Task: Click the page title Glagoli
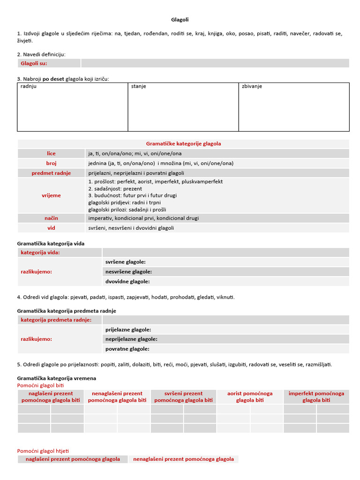click(x=180, y=20)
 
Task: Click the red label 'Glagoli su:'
click(x=34, y=63)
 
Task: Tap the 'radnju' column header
click(x=29, y=87)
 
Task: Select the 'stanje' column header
click(x=138, y=87)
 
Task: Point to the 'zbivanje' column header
click(x=252, y=87)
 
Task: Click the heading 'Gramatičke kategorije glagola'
click(x=183, y=144)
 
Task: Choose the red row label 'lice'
click(x=51, y=154)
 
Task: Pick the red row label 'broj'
click(x=51, y=163)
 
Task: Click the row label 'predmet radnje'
click(x=51, y=173)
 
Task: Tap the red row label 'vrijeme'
click(x=51, y=195)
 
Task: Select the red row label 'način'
click(x=51, y=218)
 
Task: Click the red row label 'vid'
click(x=51, y=228)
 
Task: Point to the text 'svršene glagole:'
click(x=125, y=262)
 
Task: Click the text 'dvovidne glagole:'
click(x=127, y=281)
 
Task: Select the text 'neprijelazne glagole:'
click(x=131, y=339)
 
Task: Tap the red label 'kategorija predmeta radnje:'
click(x=55, y=320)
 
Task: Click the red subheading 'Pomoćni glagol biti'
click(x=40, y=385)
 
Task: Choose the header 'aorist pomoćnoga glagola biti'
click(x=250, y=397)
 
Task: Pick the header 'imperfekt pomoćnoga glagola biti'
click(x=316, y=397)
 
